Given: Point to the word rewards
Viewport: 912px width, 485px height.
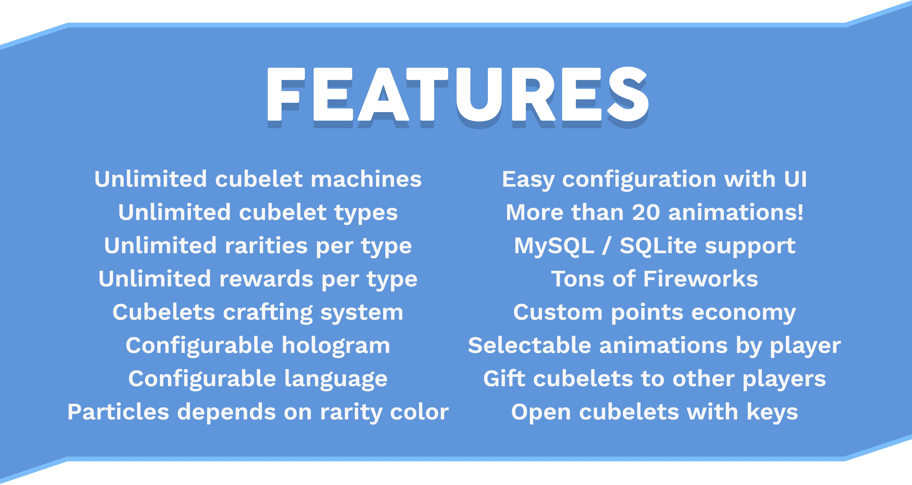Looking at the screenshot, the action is [266, 279].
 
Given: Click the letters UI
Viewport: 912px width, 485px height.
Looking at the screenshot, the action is [795, 179].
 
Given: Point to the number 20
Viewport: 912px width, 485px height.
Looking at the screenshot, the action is [646, 212].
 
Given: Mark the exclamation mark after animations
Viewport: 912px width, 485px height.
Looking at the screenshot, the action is [800, 212].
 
